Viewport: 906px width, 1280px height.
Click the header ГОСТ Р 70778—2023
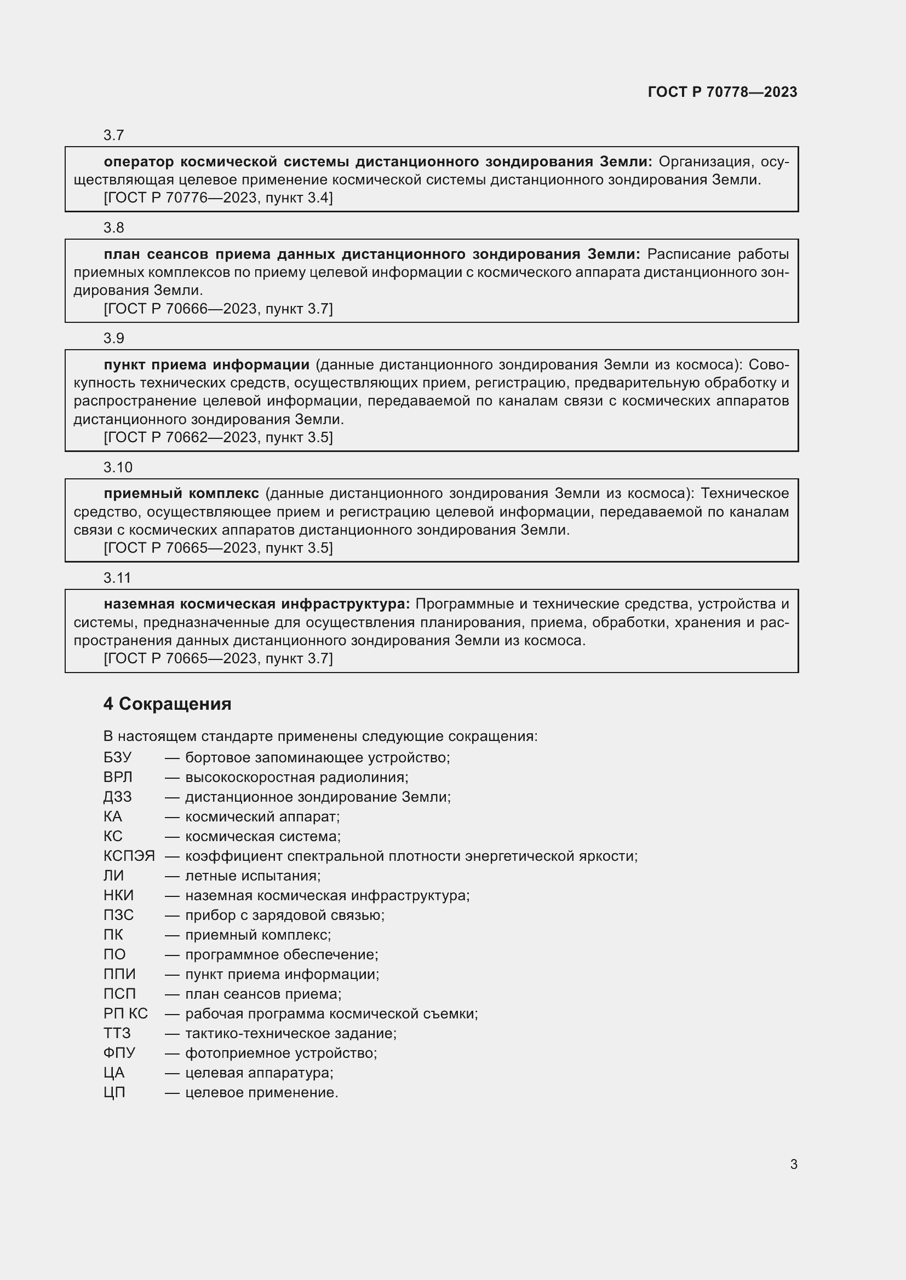(x=722, y=92)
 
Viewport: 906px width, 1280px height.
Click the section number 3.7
(x=113, y=135)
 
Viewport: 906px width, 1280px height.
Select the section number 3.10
(x=118, y=467)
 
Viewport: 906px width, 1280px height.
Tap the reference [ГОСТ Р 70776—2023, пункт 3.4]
(x=218, y=198)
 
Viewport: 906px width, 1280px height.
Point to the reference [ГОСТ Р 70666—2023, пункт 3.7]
(x=218, y=308)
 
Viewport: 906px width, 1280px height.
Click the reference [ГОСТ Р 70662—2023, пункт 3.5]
(x=218, y=437)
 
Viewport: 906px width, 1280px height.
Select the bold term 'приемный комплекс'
(x=181, y=494)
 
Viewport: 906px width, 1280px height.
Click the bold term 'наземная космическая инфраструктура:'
(x=256, y=604)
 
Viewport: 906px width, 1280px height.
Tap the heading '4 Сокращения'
(x=167, y=704)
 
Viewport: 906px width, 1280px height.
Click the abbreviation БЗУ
(x=117, y=757)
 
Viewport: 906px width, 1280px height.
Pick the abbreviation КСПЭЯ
(x=129, y=856)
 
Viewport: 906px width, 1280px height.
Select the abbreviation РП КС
(x=125, y=1013)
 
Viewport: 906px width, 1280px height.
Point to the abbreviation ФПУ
(x=119, y=1052)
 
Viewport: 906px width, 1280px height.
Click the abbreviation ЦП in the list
(x=114, y=1092)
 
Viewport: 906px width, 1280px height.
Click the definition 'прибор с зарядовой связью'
(x=284, y=915)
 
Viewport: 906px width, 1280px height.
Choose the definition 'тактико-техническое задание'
(x=290, y=1033)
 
